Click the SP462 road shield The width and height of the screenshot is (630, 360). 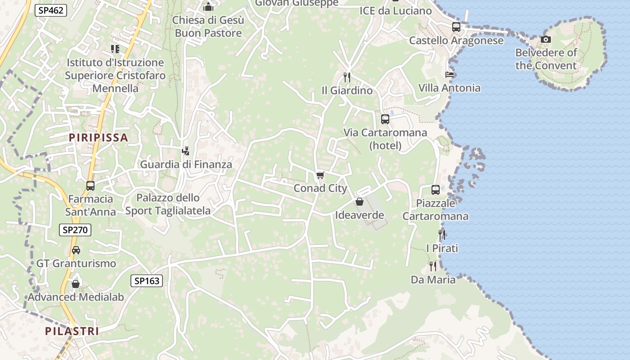coord(51,10)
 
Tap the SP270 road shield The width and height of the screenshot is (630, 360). coord(75,230)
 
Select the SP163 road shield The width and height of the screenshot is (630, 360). coord(147,281)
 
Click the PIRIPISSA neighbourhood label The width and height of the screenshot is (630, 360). coord(99,138)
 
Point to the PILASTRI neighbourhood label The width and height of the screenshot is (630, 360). coord(72,331)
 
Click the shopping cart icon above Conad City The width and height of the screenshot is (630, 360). coord(320,175)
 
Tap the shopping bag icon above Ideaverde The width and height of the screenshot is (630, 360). coord(359,202)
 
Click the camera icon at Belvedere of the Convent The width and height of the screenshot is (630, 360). coord(546,40)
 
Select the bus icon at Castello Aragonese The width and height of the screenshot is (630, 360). coord(456,27)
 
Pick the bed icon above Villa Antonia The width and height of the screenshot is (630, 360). coord(449,74)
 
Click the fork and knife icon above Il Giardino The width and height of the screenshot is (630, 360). coord(347,77)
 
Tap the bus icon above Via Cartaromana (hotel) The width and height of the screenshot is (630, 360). coord(385,119)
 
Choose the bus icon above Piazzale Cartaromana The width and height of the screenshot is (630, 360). coord(435,190)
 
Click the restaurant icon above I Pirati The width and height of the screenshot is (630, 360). coord(442,235)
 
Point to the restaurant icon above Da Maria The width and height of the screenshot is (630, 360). coord(433,266)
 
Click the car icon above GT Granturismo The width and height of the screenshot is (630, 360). coord(76,250)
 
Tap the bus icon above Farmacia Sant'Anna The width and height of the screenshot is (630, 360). coord(90,185)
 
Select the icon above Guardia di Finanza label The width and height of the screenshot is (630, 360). coord(186,151)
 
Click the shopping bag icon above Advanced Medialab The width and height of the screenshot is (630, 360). coord(76,284)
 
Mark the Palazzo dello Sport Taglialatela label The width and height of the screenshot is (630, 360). coord(168,204)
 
